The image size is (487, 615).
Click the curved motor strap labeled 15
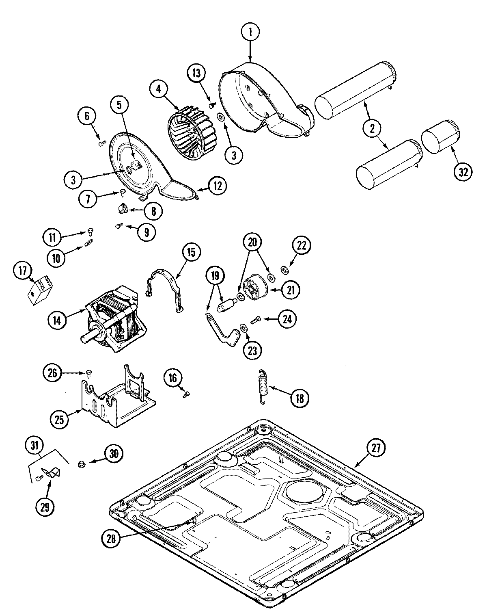click(x=165, y=289)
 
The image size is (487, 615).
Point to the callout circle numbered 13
click(x=196, y=74)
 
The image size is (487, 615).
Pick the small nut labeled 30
click(x=81, y=463)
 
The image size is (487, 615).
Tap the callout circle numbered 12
click(x=218, y=186)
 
